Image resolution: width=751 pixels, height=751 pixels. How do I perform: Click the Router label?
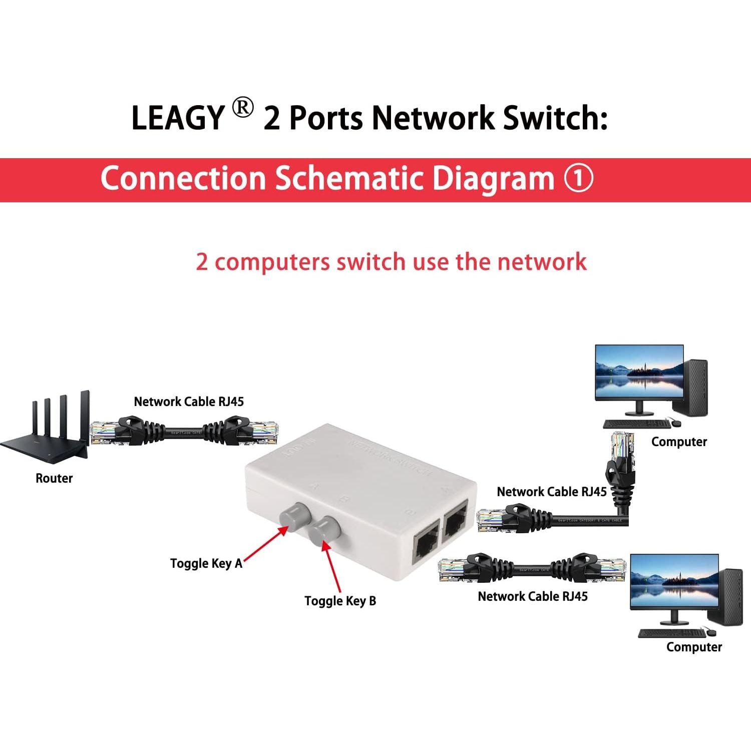click(54, 478)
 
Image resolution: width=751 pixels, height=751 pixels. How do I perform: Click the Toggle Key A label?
click(206, 563)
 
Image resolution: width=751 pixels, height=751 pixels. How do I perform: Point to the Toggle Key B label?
click(340, 601)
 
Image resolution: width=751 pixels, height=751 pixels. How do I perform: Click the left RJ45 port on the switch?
click(426, 546)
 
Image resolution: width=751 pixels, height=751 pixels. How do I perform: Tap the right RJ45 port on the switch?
click(455, 523)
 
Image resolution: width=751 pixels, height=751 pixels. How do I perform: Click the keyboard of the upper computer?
click(636, 424)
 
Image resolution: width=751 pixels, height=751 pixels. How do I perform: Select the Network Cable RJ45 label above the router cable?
click(189, 402)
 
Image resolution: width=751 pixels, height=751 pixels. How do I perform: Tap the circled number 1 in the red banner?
click(579, 178)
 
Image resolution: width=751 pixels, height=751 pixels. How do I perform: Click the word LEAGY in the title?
click(177, 118)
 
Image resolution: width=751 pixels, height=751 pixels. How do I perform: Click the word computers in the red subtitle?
click(272, 262)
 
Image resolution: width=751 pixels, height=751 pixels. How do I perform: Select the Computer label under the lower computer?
click(694, 647)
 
